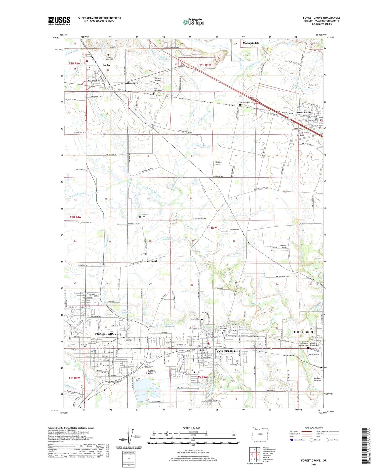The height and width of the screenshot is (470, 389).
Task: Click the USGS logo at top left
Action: (x=59, y=21)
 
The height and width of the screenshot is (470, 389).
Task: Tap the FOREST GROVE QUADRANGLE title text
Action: (x=321, y=18)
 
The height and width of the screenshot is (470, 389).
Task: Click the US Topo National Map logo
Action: (x=193, y=22)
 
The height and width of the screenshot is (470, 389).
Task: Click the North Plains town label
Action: (x=304, y=112)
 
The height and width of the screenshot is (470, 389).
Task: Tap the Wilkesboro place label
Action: (x=131, y=83)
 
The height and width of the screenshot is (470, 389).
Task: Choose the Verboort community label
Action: (x=152, y=261)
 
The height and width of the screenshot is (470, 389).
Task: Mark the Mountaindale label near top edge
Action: (x=251, y=43)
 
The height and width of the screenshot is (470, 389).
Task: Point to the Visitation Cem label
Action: (x=145, y=216)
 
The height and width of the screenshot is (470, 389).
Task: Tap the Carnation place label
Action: (x=113, y=381)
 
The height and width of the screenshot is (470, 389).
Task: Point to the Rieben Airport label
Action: (x=158, y=79)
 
